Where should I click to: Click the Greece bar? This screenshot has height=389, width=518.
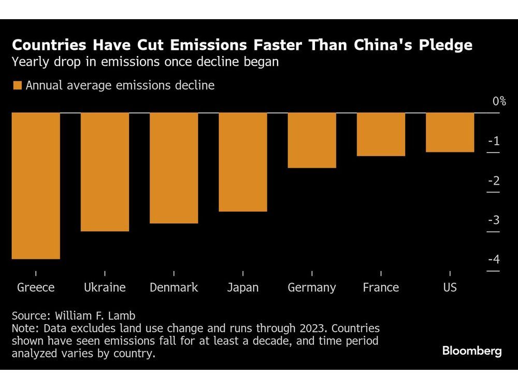(36, 186)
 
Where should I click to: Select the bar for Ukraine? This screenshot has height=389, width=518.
(105, 172)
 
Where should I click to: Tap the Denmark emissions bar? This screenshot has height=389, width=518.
(174, 168)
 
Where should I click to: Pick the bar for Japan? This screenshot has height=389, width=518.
(243, 162)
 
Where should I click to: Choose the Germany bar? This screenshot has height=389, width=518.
(312, 140)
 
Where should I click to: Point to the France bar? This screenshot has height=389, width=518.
(381, 134)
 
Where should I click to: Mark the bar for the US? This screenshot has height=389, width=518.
(450, 132)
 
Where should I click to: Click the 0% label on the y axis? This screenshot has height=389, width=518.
(499, 101)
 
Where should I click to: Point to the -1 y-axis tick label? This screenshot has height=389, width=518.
(493, 141)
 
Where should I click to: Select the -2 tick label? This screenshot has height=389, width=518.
(493, 180)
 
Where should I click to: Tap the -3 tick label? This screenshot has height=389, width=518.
(493, 220)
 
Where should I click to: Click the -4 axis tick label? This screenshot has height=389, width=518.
(493, 259)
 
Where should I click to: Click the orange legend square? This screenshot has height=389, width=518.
(18, 86)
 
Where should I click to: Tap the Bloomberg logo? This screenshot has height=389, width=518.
(471, 351)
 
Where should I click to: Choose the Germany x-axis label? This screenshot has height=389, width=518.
(312, 287)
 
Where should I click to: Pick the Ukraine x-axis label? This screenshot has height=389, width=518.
(105, 287)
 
